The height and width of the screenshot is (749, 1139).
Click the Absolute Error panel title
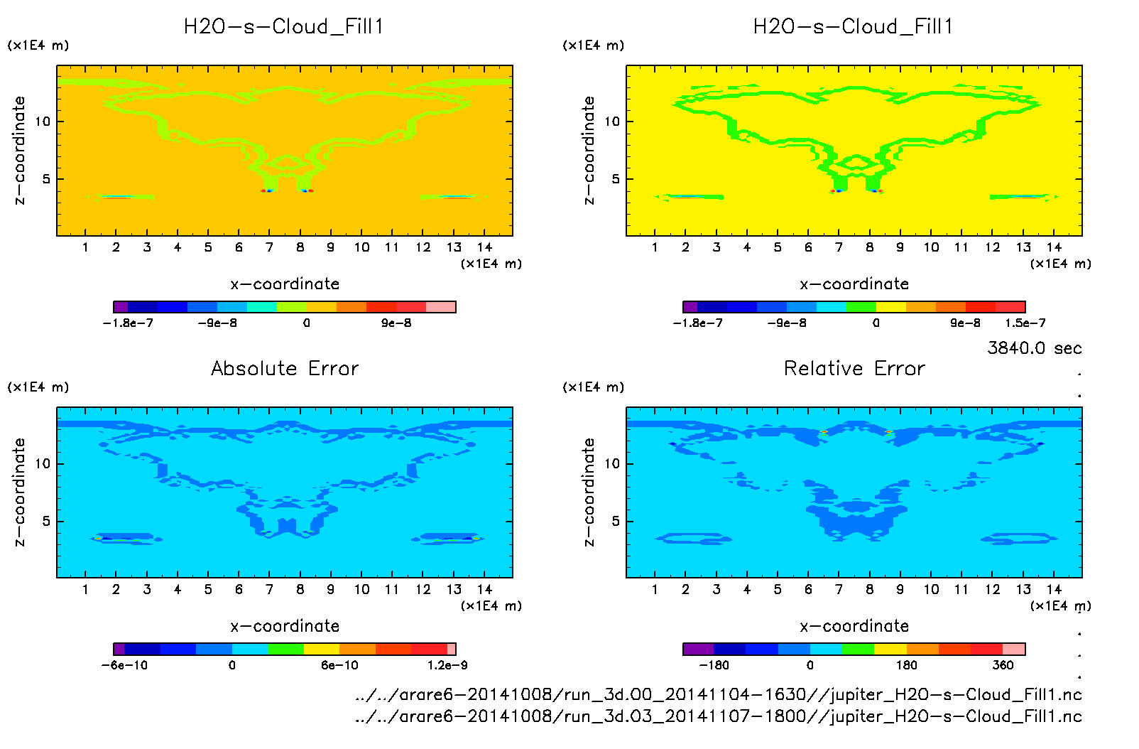pos(285,368)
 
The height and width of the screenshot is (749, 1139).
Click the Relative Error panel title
pos(854,368)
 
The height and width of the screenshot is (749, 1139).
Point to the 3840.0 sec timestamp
pos(1034,348)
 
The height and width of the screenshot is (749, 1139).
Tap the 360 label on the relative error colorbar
pos(1003,665)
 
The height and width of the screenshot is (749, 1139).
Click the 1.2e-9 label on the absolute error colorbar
pos(447,665)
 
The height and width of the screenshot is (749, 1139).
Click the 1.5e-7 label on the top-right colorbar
pos(1025,323)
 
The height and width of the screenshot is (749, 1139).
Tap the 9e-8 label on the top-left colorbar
pos(396,323)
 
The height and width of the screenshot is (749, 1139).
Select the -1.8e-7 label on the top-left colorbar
pos(128,323)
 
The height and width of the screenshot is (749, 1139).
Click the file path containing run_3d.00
pos(718,694)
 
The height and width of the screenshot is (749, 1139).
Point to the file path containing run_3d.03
pos(718,716)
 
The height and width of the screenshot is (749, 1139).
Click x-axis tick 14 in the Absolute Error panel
pos(484,589)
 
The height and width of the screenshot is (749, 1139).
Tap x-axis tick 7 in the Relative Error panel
pos(839,589)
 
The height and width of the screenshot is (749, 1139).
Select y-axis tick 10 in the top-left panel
pos(43,122)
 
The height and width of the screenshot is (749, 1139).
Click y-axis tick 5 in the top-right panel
pos(616,179)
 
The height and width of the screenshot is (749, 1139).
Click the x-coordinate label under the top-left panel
pos(285,284)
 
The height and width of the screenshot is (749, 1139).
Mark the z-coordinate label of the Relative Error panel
pos(589,492)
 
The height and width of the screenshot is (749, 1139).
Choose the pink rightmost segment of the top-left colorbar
pos(440,307)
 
